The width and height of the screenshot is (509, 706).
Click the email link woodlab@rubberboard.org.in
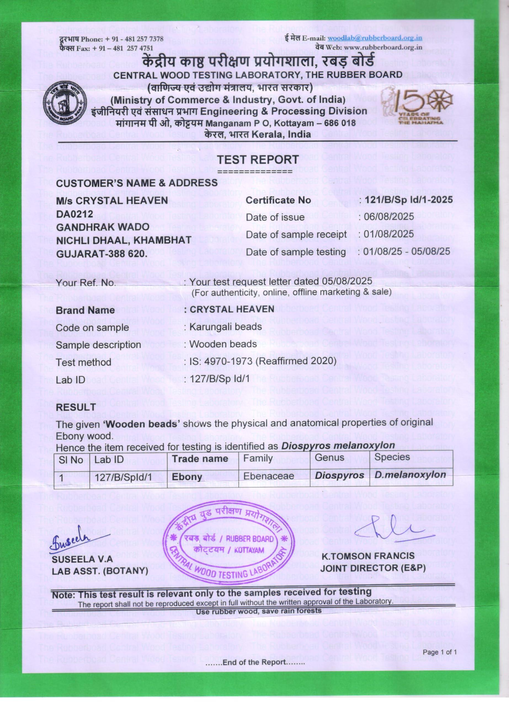coord(375,38)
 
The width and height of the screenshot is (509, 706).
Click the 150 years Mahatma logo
coord(417,104)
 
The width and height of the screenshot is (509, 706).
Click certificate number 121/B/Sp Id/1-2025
coord(409,200)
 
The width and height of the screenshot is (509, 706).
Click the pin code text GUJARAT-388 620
coord(102,253)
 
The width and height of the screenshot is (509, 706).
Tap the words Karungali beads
coord(225,327)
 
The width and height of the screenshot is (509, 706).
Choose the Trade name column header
coord(200,459)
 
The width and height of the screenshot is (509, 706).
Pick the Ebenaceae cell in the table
coord(269,476)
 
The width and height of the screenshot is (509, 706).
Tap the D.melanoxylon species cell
coord(410,475)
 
